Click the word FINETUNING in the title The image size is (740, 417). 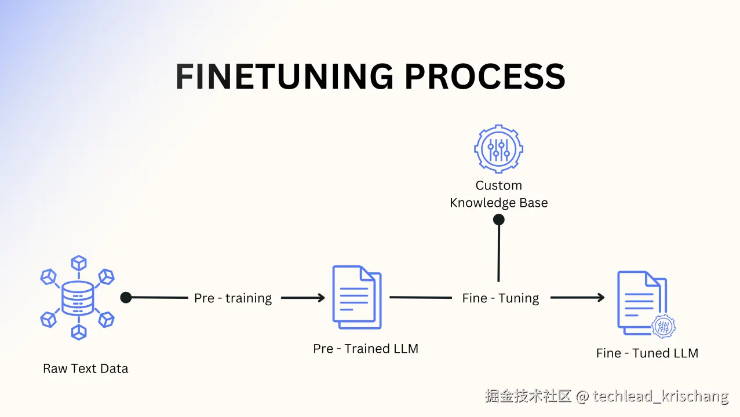coord(285,76)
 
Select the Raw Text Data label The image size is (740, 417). coord(86,368)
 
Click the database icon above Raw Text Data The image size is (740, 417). coord(78,298)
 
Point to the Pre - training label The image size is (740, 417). coord(233,298)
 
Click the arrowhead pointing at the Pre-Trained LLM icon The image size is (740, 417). coord(320,298)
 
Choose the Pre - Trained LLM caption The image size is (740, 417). coord(366,349)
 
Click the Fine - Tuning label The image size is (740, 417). coord(501,298)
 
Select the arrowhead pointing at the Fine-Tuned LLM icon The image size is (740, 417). coord(600,298)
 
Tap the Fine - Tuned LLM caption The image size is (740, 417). coord(647,353)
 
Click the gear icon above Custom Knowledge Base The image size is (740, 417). coord(498,148)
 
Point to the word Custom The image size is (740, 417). coord(499,185)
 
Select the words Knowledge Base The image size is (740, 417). coord(499,203)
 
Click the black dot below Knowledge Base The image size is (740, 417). coord(498,220)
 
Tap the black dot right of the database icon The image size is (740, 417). coord(126,298)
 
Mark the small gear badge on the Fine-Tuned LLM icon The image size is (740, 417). coord(664,327)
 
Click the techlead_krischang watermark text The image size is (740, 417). coord(661,396)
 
